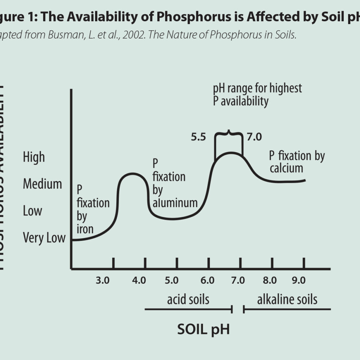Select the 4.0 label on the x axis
[139, 280]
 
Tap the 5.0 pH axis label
[171, 280]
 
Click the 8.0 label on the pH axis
[270, 280]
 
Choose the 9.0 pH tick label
[298, 280]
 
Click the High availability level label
[34, 157]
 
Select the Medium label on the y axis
[42, 184]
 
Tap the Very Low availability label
[44, 238]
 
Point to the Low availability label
[32, 211]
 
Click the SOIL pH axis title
[203, 329]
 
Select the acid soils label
[188, 300]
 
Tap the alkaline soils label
[287, 300]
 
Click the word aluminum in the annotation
[175, 203]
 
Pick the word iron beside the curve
[85, 229]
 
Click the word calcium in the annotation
[287, 168]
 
